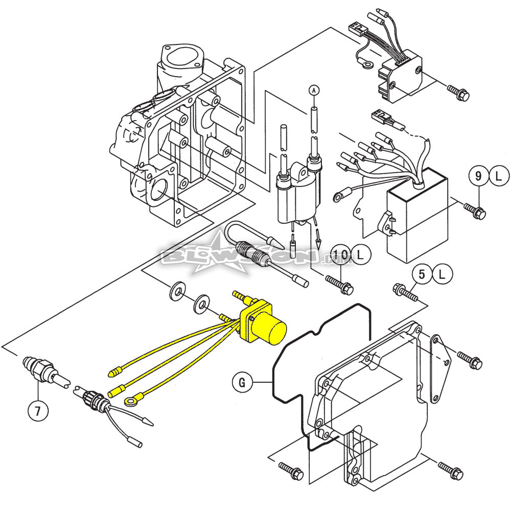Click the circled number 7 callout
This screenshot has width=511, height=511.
pos(38,409)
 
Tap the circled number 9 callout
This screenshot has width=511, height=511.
pos(478,177)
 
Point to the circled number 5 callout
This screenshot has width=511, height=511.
pos(422,275)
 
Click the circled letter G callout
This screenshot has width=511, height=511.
pos(242,381)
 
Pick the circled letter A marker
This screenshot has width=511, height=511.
pos(313,90)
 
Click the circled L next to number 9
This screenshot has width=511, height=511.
pos(499,177)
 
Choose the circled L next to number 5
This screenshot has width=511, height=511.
pos(442,275)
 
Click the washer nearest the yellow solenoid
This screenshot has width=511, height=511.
pos(201,304)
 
